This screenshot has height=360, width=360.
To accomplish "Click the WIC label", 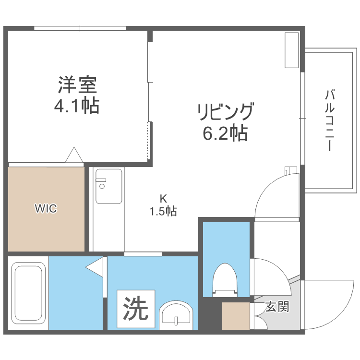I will click(x=46, y=208).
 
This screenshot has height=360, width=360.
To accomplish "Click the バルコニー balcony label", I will click(x=329, y=120).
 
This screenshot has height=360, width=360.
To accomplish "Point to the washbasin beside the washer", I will click(x=176, y=315).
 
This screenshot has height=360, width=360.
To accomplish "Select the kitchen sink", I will click(x=108, y=186).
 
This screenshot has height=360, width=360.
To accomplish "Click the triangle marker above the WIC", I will click(x=74, y=155).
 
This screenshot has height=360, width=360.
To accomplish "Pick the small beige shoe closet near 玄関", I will click(x=236, y=316).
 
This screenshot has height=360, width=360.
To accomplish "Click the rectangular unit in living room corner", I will click(x=291, y=50).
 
